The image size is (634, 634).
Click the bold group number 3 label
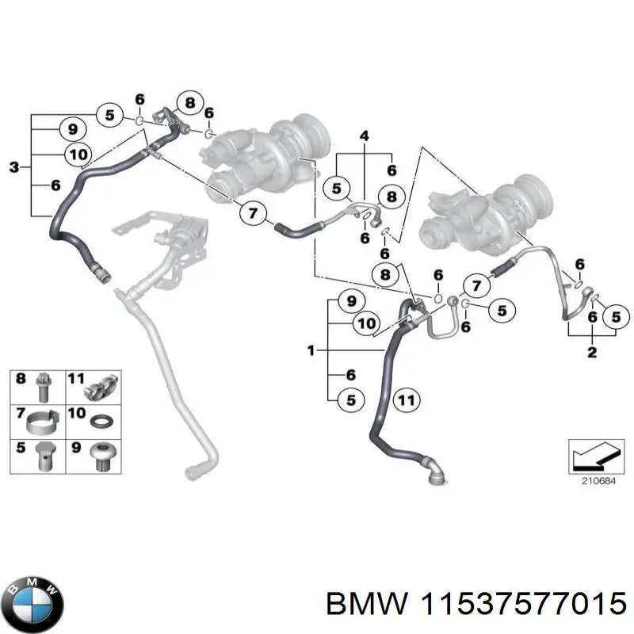coord(14,166)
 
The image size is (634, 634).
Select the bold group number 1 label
coord(311,349)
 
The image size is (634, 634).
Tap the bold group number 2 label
coord(591,353)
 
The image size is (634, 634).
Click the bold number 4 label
coord(364,137)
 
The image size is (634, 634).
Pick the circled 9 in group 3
coord(72,128)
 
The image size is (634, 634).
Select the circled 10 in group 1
coord(367,323)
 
